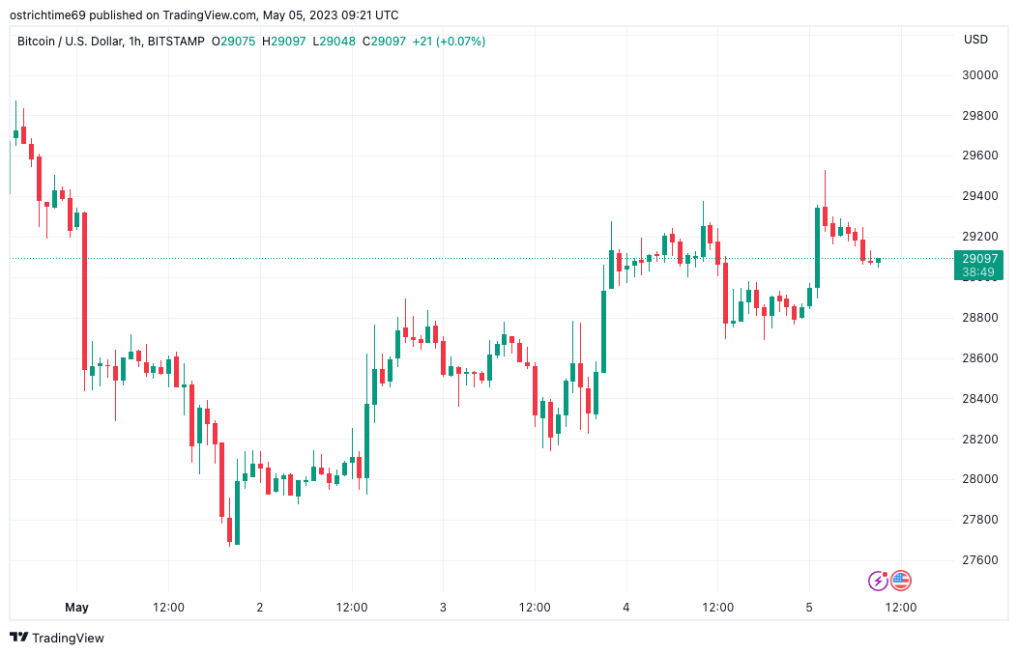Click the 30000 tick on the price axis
[x=980, y=75]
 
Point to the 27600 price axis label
[x=980, y=560]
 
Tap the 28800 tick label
[x=980, y=318]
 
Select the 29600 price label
[x=980, y=156]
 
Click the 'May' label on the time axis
[x=76, y=608]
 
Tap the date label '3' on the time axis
[x=443, y=608]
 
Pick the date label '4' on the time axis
[x=626, y=608]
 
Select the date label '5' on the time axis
[x=809, y=608]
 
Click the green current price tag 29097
[x=980, y=258]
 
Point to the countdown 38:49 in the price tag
[x=980, y=273]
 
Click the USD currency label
[x=975, y=40]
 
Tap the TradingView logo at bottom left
[x=57, y=638]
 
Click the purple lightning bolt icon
[x=878, y=581]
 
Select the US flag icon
[x=901, y=581]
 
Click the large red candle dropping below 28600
[x=84, y=290]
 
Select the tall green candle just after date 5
[x=817, y=246]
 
